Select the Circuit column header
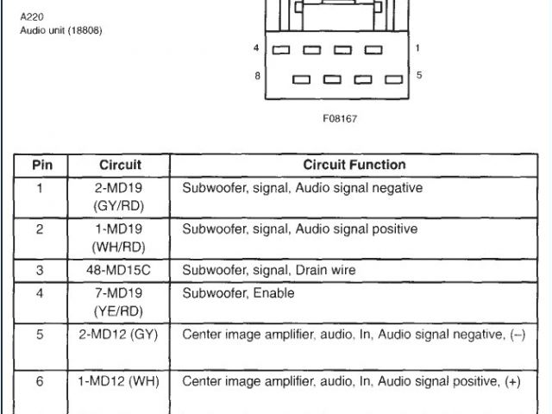click(120, 165)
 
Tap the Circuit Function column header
click(354, 165)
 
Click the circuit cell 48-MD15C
click(120, 270)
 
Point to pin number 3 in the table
click(40, 270)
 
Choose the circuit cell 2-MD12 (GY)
click(120, 335)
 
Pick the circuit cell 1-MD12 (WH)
click(120, 380)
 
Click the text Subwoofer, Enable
click(238, 293)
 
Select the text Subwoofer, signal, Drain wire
click(268, 270)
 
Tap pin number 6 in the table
click(40, 380)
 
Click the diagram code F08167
click(340, 118)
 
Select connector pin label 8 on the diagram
click(257, 76)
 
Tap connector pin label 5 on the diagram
click(419, 76)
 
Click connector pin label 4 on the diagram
click(257, 48)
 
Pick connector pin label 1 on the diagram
click(418, 48)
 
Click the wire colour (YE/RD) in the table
click(120, 311)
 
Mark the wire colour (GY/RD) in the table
click(120, 206)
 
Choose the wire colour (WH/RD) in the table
click(120, 248)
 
